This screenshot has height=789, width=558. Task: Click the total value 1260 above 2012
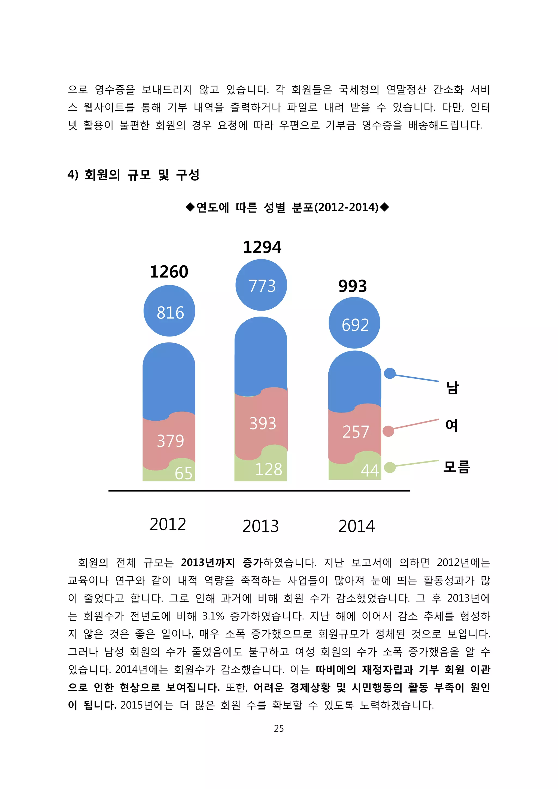pyautogui.click(x=169, y=272)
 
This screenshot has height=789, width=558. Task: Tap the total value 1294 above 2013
pyautogui.click(x=262, y=247)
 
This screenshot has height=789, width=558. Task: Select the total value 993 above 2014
pyautogui.click(x=353, y=286)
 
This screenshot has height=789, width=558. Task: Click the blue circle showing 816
pyautogui.click(x=169, y=311)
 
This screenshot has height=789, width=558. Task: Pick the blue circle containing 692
pyautogui.click(x=354, y=323)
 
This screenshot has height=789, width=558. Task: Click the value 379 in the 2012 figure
pyautogui.click(x=170, y=441)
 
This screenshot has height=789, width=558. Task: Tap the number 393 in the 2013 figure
pyautogui.click(x=263, y=423)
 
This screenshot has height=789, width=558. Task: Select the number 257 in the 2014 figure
pyautogui.click(x=356, y=432)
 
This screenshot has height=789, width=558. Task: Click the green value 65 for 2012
pyautogui.click(x=183, y=473)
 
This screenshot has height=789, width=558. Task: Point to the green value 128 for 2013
pyautogui.click(x=268, y=469)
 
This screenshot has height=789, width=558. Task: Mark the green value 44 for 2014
pyautogui.click(x=369, y=471)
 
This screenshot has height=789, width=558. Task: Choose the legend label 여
pyautogui.click(x=451, y=426)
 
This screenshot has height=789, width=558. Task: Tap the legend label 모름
pyautogui.click(x=456, y=467)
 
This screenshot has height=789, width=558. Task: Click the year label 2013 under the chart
pyautogui.click(x=260, y=526)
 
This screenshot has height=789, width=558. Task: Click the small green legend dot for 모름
pyautogui.click(x=390, y=467)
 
